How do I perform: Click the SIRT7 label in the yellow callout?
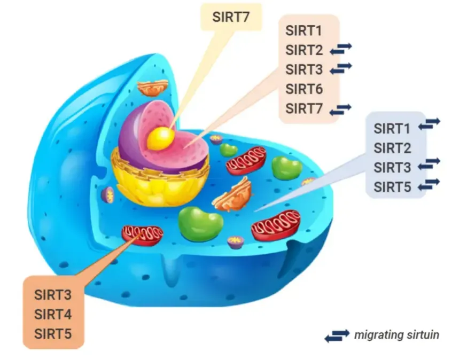click(x=231, y=16)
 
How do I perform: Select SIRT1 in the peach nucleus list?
click(x=303, y=30)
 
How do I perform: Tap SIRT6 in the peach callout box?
click(x=303, y=89)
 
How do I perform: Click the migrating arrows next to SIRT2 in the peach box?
click(x=340, y=49)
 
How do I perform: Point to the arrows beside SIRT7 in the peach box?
click(x=340, y=109)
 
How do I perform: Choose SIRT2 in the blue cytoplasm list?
click(x=392, y=148)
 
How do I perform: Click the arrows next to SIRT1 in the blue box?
click(x=429, y=124)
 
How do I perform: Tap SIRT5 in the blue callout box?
click(x=392, y=186)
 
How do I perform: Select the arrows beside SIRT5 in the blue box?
click(x=429, y=184)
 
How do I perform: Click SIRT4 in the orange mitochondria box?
click(x=53, y=314)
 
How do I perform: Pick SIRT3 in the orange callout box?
click(x=53, y=294)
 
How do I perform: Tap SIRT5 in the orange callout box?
click(x=53, y=334)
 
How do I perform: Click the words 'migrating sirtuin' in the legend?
click(x=396, y=335)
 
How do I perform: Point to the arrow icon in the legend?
click(x=337, y=335)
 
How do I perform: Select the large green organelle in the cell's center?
click(x=200, y=223)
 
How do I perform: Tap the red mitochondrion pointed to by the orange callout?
click(x=142, y=234)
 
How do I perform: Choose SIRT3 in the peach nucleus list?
click(x=303, y=69)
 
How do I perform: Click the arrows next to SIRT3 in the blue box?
click(x=429, y=163)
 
